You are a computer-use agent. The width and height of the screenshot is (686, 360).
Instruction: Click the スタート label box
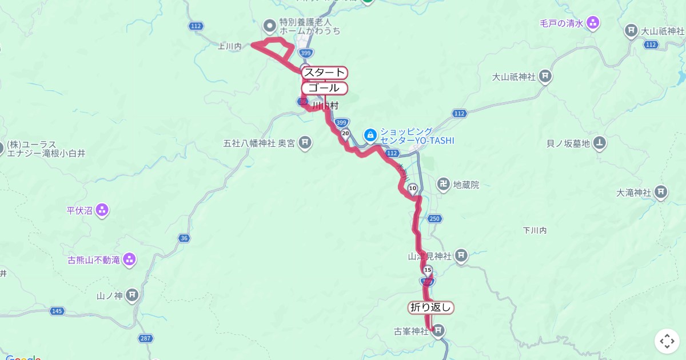pos(324,73)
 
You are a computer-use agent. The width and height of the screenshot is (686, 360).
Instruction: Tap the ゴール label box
pos(324,88)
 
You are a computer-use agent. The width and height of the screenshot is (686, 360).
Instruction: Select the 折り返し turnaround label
pos(431,307)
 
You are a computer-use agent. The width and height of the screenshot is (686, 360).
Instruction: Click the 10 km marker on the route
pos(413,188)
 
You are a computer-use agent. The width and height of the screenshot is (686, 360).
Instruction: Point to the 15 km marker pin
pos(428,270)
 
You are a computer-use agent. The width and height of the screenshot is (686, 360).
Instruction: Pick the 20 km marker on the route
pos(345,134)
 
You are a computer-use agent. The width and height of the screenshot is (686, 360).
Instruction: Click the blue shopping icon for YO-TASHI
pos(370,135)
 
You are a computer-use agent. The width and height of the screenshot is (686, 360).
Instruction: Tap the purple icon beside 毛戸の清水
pos(593,23)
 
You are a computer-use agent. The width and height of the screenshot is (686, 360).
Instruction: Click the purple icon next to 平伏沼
pos(102,210)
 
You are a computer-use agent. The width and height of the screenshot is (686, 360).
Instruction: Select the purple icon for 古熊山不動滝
pos(130,260)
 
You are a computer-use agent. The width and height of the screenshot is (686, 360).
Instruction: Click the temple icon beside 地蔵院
pos(442,185)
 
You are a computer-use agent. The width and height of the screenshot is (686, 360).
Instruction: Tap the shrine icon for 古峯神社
pos(438,331)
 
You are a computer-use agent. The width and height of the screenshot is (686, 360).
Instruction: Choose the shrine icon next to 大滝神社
pos(661,192)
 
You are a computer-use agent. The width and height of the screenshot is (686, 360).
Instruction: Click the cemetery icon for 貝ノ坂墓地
pos(599,142)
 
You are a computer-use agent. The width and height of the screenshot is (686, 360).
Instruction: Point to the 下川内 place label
pos(535,230)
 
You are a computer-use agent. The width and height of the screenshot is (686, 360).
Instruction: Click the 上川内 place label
pos(230,47)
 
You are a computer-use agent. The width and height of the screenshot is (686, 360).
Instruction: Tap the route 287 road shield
pos(145,339)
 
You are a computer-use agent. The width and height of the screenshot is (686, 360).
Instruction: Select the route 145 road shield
pos(57,311)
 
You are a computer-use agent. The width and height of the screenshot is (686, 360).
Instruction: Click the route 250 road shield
pos(434,219)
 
